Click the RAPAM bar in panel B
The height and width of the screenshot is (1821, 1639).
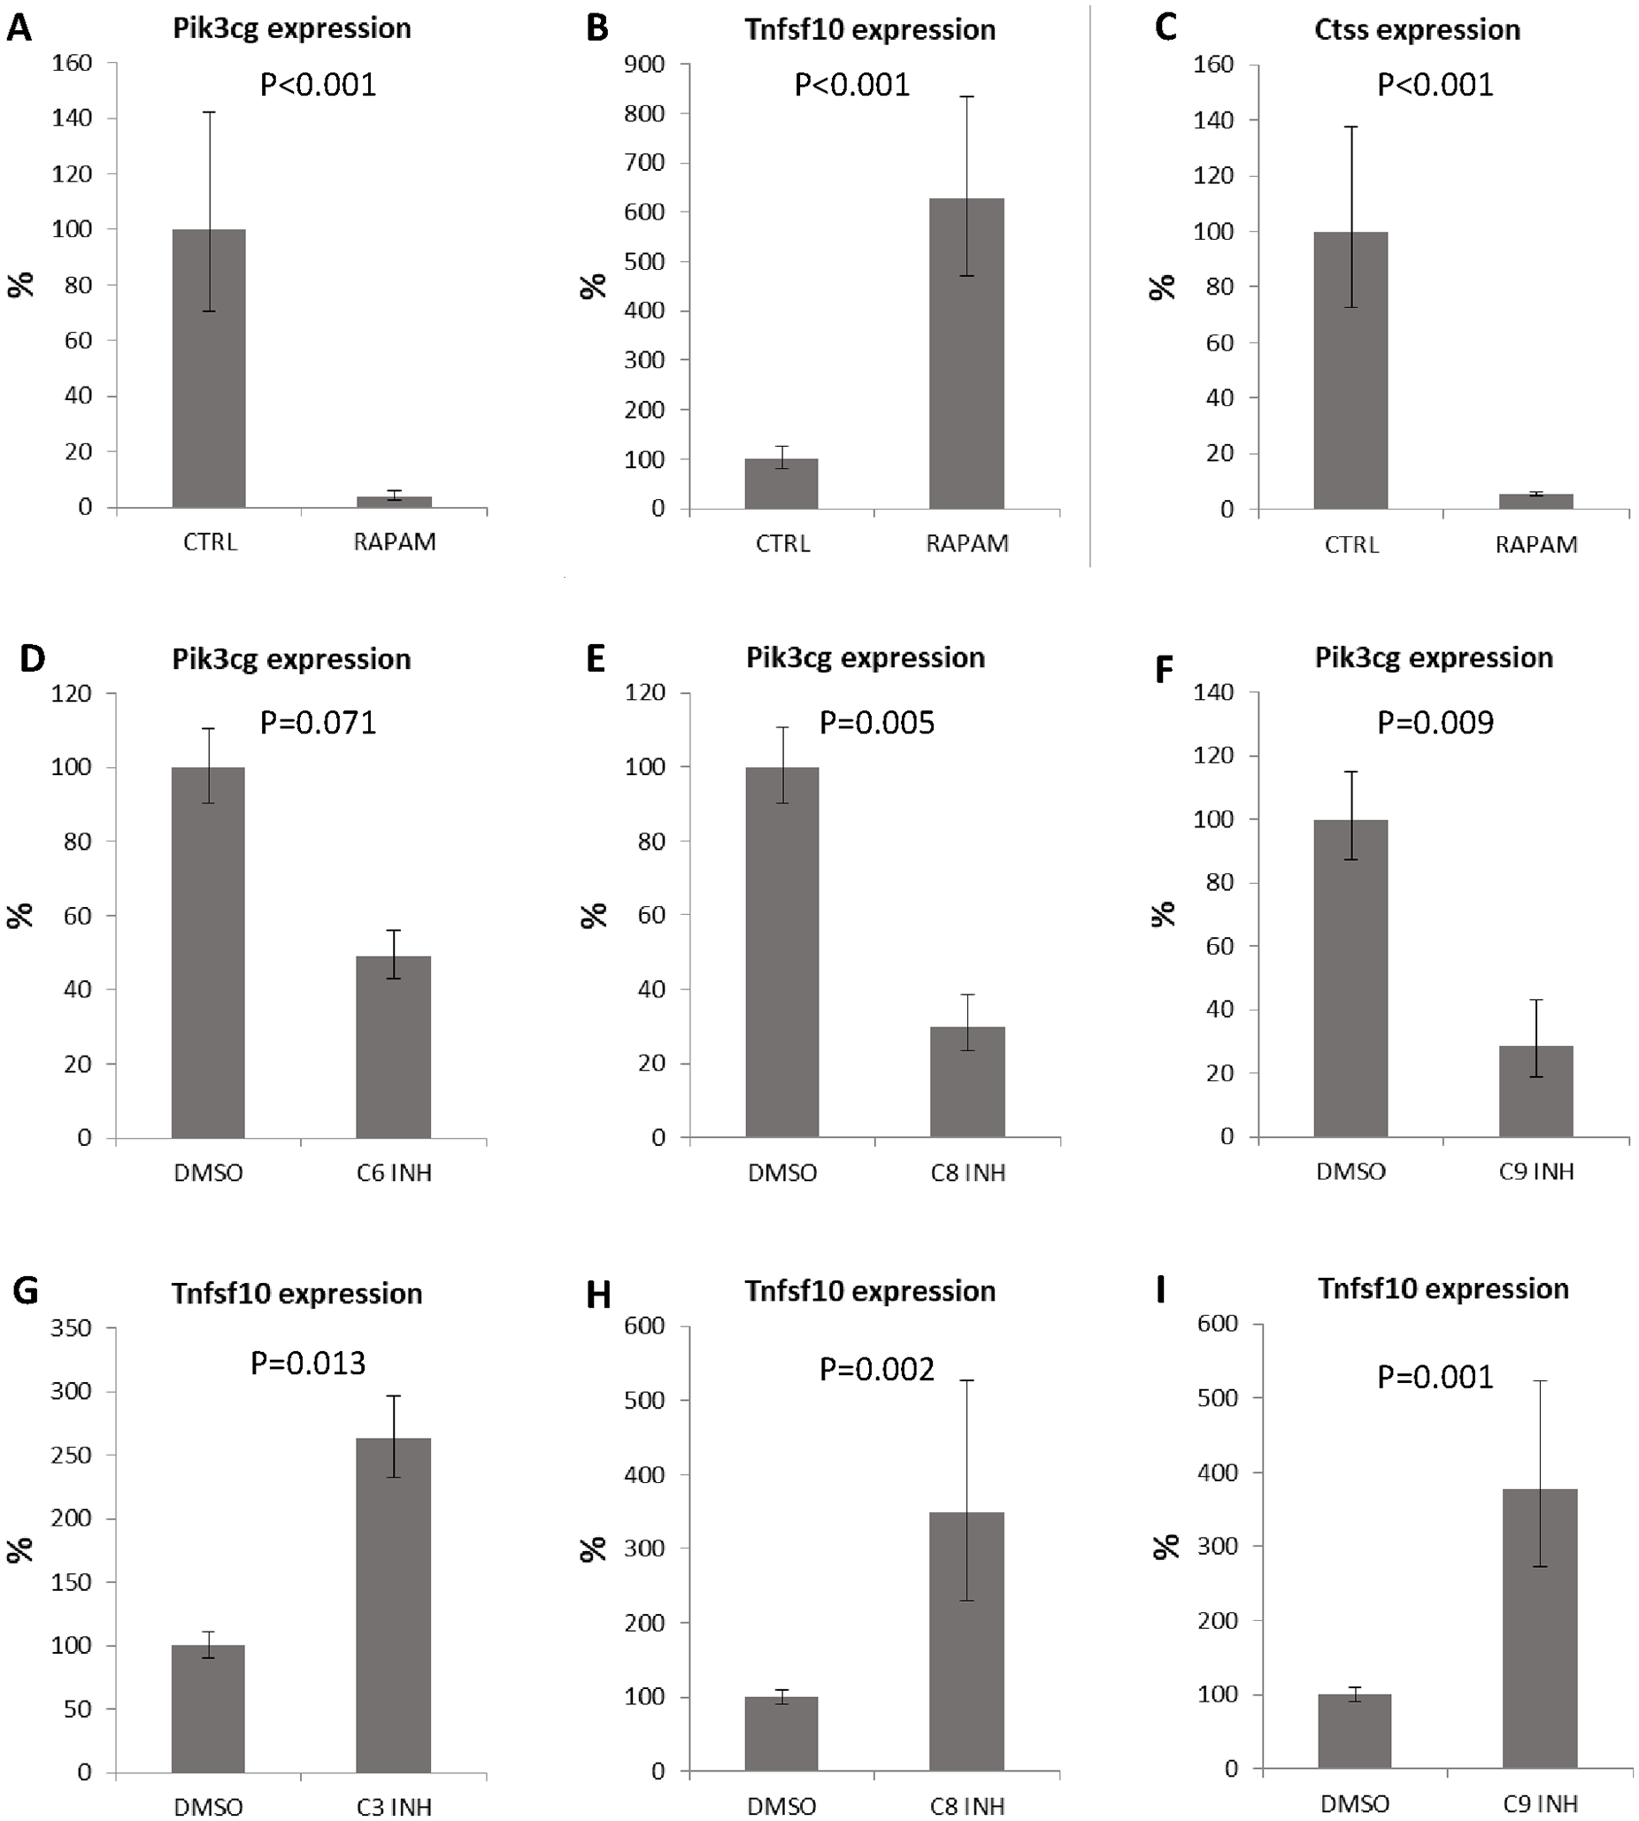coord(966,353)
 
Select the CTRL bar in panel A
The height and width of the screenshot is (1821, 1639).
coord(209,368)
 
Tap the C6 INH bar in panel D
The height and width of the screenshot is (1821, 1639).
coord(394,1048)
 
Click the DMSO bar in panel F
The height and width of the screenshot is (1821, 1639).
coord(1350,978)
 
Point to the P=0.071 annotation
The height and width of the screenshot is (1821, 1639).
coord(318,722)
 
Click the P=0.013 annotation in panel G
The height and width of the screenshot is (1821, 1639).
coord(308,1363)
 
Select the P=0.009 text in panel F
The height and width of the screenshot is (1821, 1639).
coord(1435,722)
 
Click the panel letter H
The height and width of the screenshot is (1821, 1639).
coord(598,1295)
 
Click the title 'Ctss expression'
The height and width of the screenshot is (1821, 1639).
coord(1418,30)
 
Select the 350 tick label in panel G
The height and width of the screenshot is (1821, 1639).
coord(72,1327)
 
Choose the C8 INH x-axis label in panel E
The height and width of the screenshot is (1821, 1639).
coord(967,1172)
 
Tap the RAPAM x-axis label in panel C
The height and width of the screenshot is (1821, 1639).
coord(1536,544)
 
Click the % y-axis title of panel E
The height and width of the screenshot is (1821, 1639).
coord(594,916)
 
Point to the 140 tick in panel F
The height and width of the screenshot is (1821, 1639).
coord(1214,693)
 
